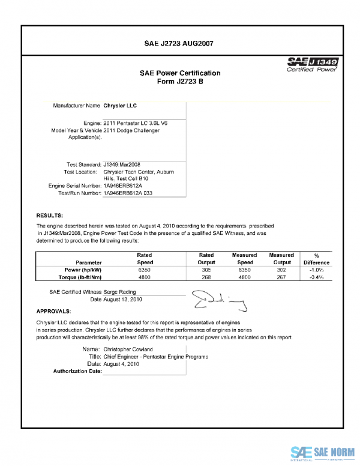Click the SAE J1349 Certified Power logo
(313, 64)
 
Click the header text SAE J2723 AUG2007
(179, 43)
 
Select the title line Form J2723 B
(180, 82)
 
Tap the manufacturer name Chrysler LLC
(120, 105)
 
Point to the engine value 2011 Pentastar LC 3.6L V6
(136, 123)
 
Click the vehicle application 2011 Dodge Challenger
(131, 130)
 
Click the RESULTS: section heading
(50, 215)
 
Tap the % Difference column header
(316, 259)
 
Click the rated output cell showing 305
(206, 270)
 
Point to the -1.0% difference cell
(316, 270)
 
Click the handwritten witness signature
(218, 299)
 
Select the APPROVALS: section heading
(53, 312)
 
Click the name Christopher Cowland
(128, 349)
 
